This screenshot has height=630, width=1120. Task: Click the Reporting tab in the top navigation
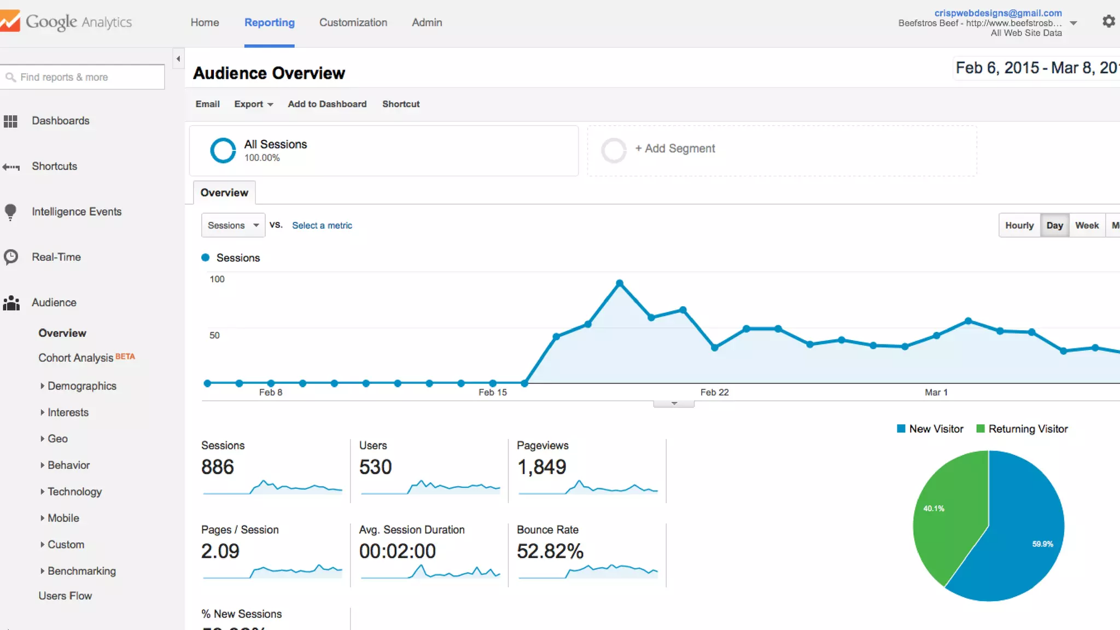269,22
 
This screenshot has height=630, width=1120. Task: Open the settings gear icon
1109,21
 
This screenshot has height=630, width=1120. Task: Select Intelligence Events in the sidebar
77,212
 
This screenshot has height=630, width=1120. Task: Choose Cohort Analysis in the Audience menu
75,358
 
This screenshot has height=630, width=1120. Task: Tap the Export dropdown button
253,104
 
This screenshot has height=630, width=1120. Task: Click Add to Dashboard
327,104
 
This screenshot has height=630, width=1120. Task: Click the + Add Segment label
675,149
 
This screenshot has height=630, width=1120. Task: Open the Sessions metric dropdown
233,225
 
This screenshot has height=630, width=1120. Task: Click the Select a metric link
322,225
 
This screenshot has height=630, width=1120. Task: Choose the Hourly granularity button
1019,225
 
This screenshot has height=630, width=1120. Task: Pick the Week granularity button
1087,225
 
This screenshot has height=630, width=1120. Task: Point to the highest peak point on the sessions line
620,283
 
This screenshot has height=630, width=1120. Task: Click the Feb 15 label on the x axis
492,392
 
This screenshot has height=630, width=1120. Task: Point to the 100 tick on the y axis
217,279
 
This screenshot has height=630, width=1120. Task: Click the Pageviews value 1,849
541,467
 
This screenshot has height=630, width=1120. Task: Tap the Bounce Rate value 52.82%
550,551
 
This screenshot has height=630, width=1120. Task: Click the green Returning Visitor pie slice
949,520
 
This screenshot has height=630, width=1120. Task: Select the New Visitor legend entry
930,429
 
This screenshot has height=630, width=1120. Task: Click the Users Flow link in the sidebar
65,596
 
